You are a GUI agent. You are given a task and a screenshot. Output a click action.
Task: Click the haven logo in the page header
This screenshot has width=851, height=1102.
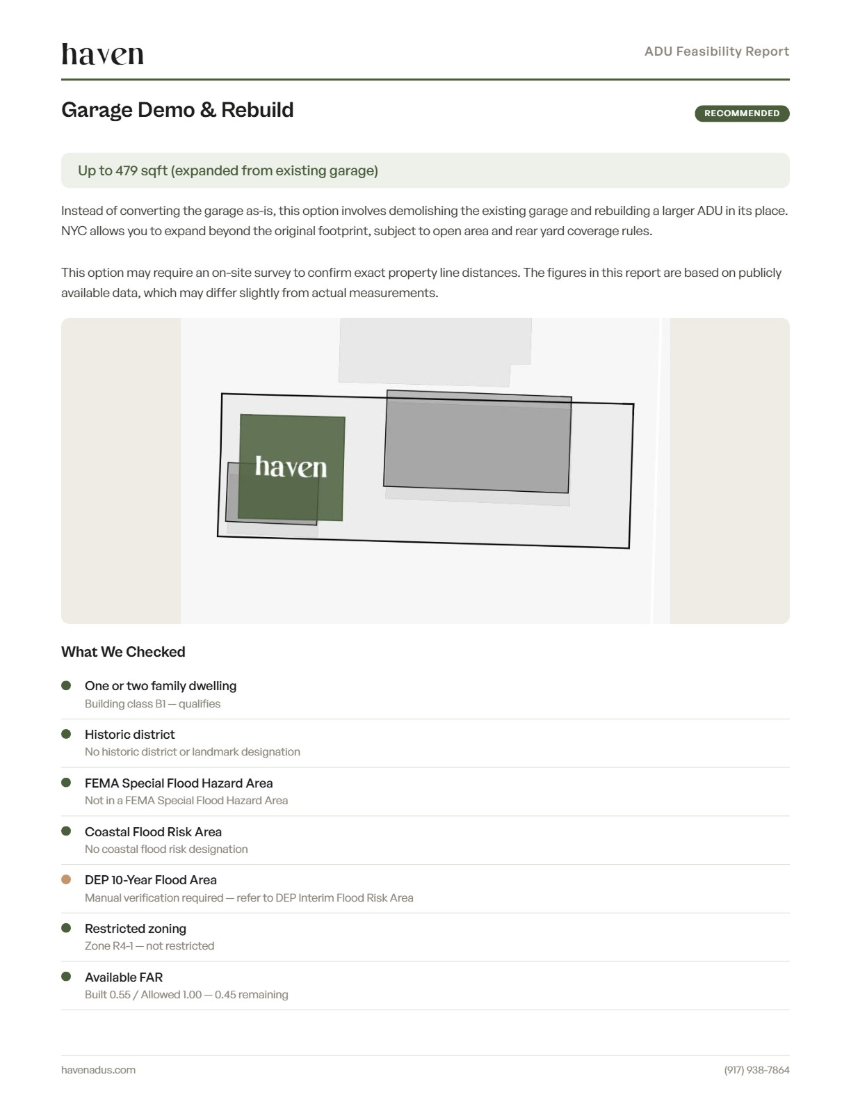click(102, 54)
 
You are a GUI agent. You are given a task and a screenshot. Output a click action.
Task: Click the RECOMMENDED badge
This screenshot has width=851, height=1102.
click(742, 113)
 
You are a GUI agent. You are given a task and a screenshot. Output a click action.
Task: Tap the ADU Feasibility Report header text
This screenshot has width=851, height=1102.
click(716, 51)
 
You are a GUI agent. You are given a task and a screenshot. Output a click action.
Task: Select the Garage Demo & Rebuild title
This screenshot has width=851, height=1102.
click(177, 110)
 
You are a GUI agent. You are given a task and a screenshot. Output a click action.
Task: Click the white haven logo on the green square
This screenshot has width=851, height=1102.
click(291, 467)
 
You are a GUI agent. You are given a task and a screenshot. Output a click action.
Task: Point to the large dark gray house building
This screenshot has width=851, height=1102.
click(477, 444)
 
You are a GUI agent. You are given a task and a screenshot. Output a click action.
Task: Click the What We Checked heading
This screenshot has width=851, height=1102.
click(123, 652)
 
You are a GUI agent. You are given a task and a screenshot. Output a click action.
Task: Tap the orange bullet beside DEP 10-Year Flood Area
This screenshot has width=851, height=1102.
click(66, 879)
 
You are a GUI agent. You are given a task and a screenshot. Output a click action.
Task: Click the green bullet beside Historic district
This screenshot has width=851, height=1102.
click(66, 734)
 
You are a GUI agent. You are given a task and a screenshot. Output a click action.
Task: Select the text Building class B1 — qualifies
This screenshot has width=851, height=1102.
click(152, 704)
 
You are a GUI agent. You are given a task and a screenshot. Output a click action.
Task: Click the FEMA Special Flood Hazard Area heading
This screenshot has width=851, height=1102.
click(179, 783)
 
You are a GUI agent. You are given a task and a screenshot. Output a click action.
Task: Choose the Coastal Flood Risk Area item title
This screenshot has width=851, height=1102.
click(153, 832)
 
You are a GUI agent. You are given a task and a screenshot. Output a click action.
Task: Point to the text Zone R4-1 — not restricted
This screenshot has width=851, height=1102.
click(149, 946)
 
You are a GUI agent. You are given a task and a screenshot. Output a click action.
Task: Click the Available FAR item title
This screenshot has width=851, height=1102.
click(124, 977)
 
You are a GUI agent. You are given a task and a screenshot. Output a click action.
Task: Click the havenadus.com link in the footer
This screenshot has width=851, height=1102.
click(98, 1070)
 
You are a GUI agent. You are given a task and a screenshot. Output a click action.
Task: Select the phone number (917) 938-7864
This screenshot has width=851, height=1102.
click(756, 1070)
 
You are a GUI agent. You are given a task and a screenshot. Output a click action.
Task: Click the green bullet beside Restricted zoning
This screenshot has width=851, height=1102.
click(66, 928)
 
